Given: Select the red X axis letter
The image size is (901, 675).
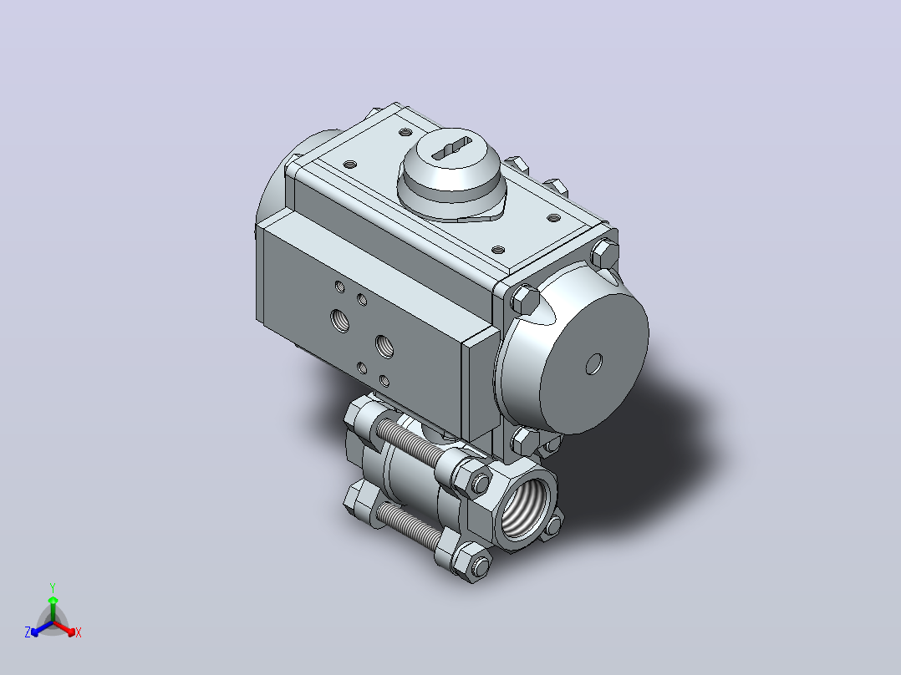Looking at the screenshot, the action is (79, 632).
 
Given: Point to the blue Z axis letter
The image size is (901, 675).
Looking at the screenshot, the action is (28, 632).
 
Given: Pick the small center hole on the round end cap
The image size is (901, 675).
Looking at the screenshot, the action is (593, 363).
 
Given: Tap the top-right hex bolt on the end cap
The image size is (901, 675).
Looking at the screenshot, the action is (604, 253).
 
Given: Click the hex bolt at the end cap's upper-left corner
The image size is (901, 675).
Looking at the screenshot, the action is (524, 299).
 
